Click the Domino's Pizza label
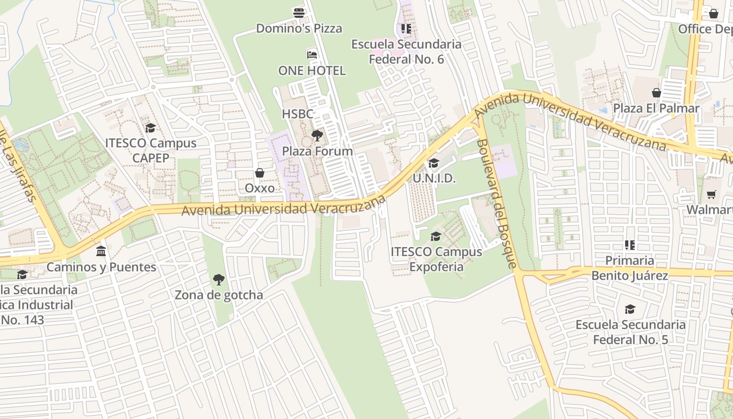(x=298, y=28)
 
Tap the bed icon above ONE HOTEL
(x=312, y=54)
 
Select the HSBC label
(x=297, y=114)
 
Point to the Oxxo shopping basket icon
(x=259, y=173)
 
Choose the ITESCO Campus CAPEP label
(x=151, y=150)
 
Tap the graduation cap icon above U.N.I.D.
(x=434, y=163)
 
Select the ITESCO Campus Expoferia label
(x=436, y=259)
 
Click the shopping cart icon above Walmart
(x=711, y=195)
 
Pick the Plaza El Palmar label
(x=656, y=108)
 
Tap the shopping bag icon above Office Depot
(x=713, y=14)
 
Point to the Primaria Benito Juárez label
(x=629, y=268)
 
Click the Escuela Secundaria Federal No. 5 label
(x=630, y=332)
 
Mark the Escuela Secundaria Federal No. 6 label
(x=406, y=51)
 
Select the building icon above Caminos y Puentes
(x=101, y=251)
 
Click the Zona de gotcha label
(x=219, y=295)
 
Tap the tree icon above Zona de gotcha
(x=218, y=280)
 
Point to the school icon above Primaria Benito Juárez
(x=629, y=245)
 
